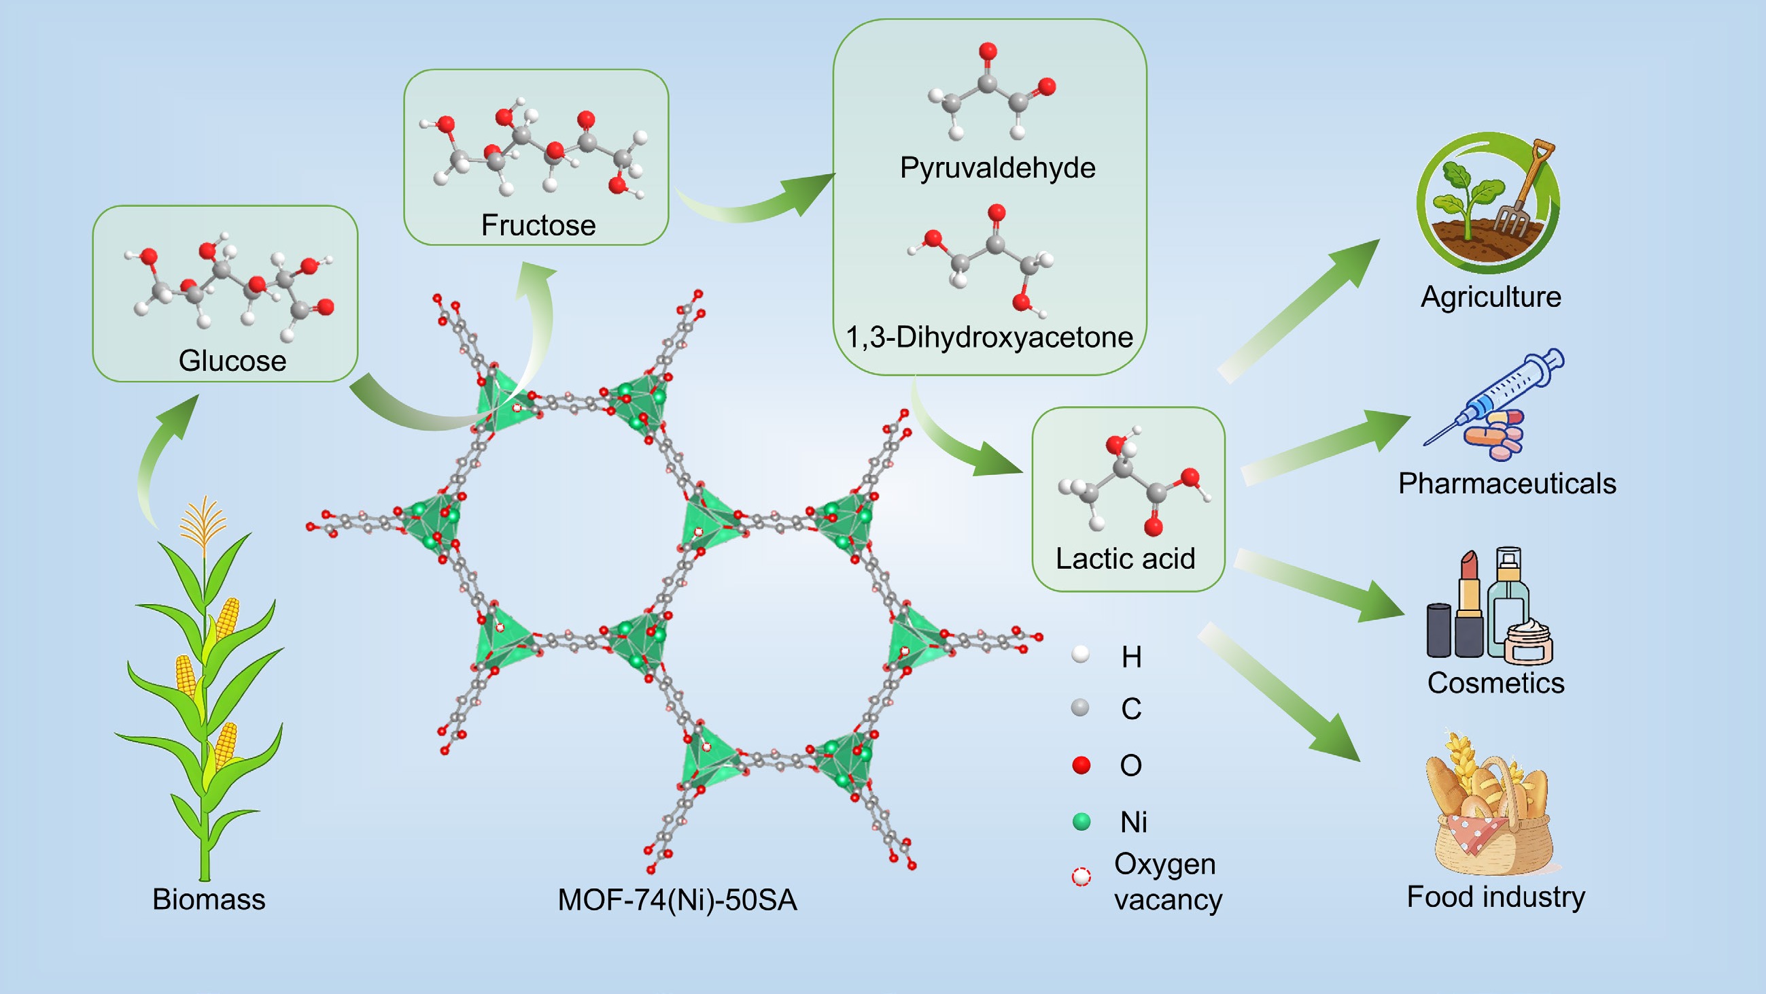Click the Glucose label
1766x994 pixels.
coord(232,361)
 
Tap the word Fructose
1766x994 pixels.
coord(538,225)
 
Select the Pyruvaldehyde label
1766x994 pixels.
coord(997,168)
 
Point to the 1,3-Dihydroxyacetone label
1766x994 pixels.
coord(989,337)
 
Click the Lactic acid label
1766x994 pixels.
coord(1125,559)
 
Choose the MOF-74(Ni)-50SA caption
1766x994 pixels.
coord(677,900)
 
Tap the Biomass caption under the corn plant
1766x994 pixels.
coord(209,899)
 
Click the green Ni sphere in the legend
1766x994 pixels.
coord(1081,822)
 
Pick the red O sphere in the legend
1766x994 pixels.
coord(1081,765)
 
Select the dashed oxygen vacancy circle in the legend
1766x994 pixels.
coord(1081,877)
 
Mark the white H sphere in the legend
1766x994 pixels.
coord(1080,655)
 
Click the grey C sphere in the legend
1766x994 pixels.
coord(1080,708)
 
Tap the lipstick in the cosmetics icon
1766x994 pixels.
coord(1468,603)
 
